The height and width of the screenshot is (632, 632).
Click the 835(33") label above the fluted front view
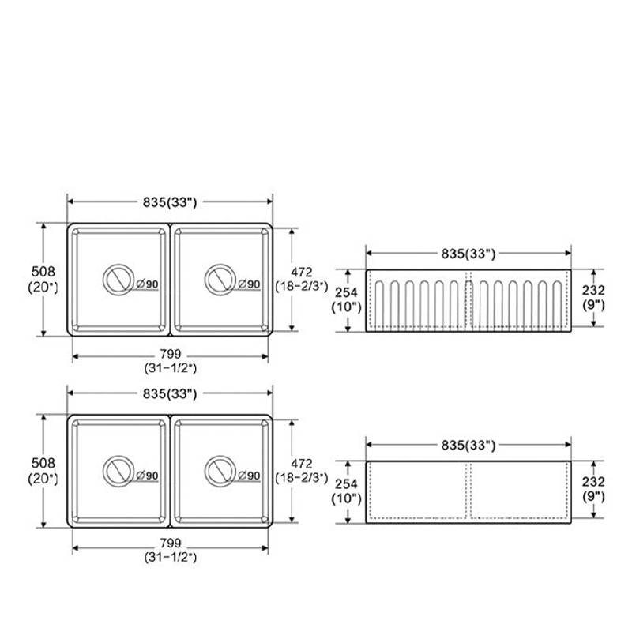click(x=468, y=254)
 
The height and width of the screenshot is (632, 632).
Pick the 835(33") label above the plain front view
click(x=468, y=445)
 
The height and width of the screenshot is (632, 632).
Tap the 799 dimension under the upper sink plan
click(x=171, y=354)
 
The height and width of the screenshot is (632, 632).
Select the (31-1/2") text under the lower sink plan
click(x=171, y=558)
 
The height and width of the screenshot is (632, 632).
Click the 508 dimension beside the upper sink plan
click(x=43, y=271)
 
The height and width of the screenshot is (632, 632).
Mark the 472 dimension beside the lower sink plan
click(x=302, y=464)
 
